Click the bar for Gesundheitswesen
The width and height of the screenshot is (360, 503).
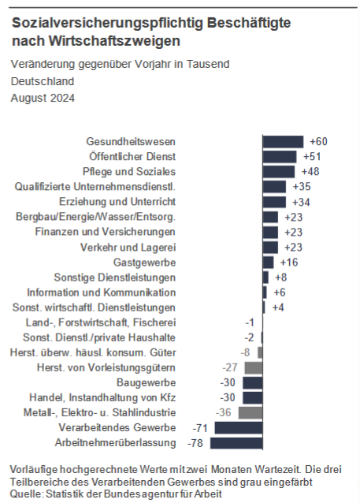[283, 142]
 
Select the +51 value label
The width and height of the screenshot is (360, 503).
[312, 157]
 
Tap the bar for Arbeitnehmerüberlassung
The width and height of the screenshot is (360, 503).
[236, 443]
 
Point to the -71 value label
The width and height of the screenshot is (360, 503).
[200, 428]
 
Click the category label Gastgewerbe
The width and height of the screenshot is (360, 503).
[145, 263]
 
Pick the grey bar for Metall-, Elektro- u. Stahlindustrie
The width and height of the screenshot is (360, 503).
[251, 413]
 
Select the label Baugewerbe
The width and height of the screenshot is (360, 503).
[147, 382]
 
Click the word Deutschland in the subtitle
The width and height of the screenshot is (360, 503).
[43, 81]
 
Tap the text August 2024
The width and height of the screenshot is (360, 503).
[43, 98]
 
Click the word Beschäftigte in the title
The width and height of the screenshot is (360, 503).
[249, 23]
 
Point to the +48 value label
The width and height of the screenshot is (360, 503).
[310, 172]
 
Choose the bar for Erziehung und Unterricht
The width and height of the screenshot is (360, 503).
[274, 202]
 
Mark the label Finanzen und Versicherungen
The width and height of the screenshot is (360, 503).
[105, 232]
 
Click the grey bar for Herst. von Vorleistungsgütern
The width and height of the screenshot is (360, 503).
[254, 367]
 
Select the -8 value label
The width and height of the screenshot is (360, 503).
[245, 352]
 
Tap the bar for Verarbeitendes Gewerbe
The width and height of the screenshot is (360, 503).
[239, 428]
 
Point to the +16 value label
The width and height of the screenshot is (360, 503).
[289, 263]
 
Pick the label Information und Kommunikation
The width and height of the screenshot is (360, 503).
[102, 292]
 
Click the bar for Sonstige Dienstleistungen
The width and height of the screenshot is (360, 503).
[265, 278]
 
